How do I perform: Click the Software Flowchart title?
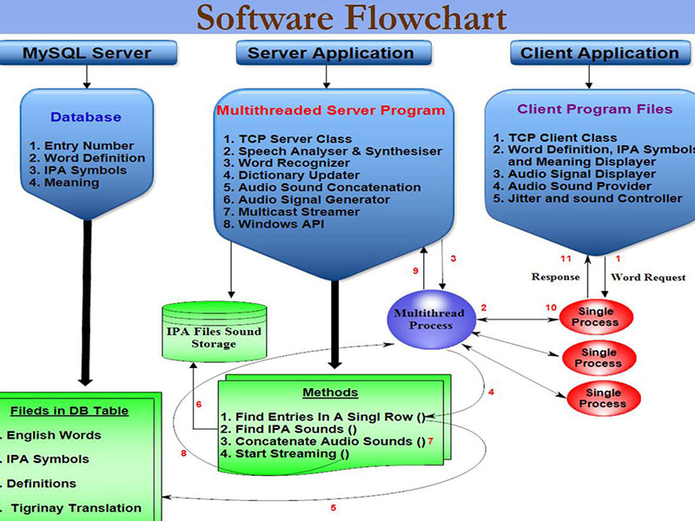pyautogui.click(x=350, y=17)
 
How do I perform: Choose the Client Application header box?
pyautogui.click(x=599, y=53)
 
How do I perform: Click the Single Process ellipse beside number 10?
pyautogui.click(x=595, y=317)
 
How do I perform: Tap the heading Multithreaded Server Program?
pyautogui.click(x=330, y=110)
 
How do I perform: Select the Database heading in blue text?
pyautogui.click(x=86, y=117)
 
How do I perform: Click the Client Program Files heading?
pyautogui.click(x=594, y=109)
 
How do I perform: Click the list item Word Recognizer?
pyautogui.click(x=283, y=163)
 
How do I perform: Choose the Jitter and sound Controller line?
pyautogui.click(x=587, y=198)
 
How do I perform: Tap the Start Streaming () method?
pyautogui.click(x=284, y=453)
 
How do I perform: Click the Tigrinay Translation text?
pyautogui.click(x=76, y=508)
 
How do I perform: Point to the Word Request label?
pyautogui.click(x=648, y=277)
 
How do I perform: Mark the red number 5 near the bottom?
pyautogui.click(x=333, y=507)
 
